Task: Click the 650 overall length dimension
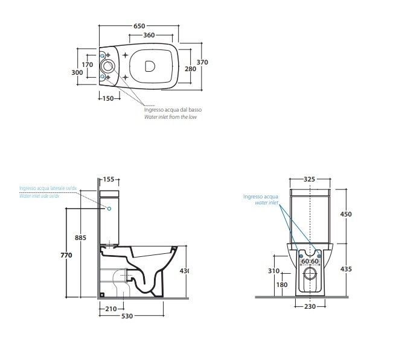tap(139, 26)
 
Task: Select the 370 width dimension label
tap(202, 62)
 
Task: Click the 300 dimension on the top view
tap(77, 72)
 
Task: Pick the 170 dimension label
tap(88, 65)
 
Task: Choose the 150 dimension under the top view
tap(109, 98)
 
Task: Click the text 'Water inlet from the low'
tap(170, 117)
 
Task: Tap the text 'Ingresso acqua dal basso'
tap(173, 110)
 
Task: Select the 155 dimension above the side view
tap(109, 179)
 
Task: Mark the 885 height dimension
tap(81, 238)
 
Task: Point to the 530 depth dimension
tap(126, 317)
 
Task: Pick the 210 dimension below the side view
tap(110, 309)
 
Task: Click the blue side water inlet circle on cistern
tap(110, 208)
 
